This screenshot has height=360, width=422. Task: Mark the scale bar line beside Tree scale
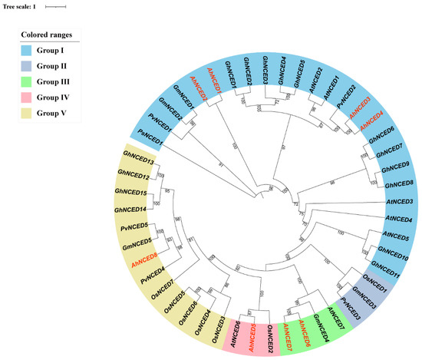(56, 7)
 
